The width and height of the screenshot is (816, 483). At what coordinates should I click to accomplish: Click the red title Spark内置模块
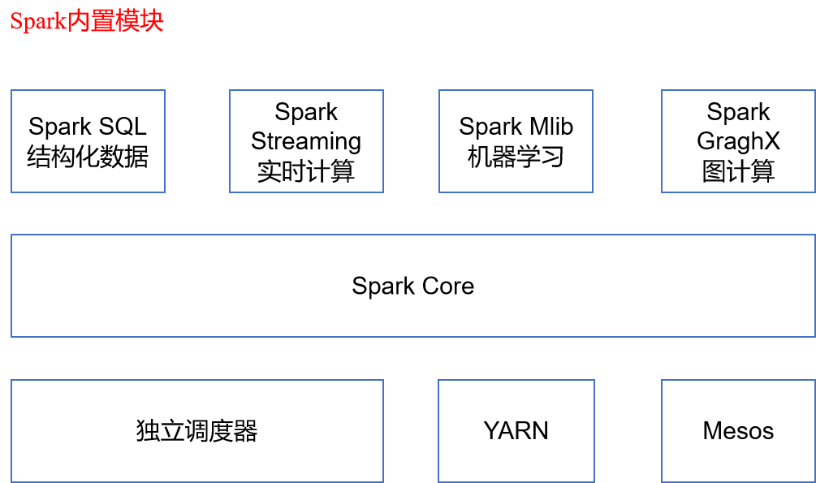tap(87, 21)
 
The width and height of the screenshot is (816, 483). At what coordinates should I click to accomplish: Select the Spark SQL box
tap(88, 141)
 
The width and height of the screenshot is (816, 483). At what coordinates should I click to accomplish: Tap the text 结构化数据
tap(88, 157)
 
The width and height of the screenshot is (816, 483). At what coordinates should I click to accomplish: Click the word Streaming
tap(306, 142)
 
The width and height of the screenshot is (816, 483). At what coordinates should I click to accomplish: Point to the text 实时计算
tap(306, 171)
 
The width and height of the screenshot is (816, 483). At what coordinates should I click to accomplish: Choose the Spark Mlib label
tap(516, 127)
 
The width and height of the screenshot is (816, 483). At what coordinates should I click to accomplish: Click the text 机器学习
tap(516, 157)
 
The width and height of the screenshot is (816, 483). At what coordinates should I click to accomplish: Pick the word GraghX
tap(738, 142)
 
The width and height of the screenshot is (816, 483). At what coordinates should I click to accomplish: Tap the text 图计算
tap(738, 171)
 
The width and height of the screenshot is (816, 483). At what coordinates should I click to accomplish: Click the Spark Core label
tap(412, 287)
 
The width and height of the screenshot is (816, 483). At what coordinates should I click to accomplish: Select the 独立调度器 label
tap(197, 431)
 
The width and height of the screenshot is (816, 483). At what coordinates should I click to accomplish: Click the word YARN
tap(516, 431)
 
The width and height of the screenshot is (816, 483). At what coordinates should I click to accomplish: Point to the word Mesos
tap(738, 431)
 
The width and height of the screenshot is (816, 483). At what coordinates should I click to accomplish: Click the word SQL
tap(123, 127)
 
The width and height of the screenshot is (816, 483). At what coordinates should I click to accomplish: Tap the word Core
tap(448, 287)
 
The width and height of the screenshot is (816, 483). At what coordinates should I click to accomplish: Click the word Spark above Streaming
tap(306, 112)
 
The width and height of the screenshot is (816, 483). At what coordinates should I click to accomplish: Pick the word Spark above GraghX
tap(738, 112)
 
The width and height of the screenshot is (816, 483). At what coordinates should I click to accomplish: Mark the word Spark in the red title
tap(38, 22)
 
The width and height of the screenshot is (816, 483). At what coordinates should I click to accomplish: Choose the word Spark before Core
tap(383, 287)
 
